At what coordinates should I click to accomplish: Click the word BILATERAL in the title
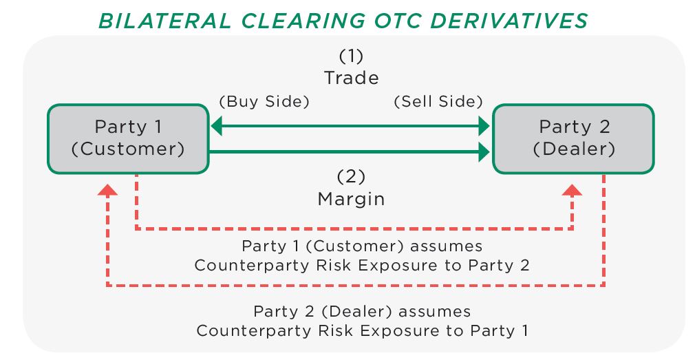pyautogui.click(x=165, y=21)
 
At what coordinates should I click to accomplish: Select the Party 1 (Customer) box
pyautogui.click(x=129, y=139)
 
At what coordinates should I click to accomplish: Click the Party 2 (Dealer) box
pyautogui.click(x=574, y=139)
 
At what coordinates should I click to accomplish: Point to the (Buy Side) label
pyautogui.click(x=264, y=101)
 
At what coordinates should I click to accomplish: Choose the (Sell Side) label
pyautogui.click(x=438, y=101)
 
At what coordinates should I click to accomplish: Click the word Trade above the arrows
pyautogui.click(x=352, y=78)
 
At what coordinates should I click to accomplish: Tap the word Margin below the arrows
pyautogui.click(x=351, y=199)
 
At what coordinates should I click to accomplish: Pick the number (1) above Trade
pyautogui.click(x=351, y=56)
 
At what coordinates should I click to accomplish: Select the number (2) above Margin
pyautogui.click(x=351, y=177)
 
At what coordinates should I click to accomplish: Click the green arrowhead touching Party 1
pyautogui.click(x=216, y=127)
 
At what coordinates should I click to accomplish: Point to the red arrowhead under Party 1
pyautogui.click(x=107, y=190)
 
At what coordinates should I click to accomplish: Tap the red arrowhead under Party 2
pyautogui.click(x=572, y=190)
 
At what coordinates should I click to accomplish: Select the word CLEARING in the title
pyautogui.click(x=303, y=21)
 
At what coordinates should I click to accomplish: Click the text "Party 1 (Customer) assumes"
pyautogui.click(x=362, y=246)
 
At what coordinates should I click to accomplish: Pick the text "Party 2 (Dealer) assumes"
pyautogui.click(x=362, y=311)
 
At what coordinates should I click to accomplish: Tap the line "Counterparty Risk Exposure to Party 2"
pyautogui.click(x=362, y=266)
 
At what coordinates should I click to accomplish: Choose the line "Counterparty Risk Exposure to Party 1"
pyautogui.click(x=362, y=330)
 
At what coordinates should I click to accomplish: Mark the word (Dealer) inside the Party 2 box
pyautogui.click(x=574, y=149)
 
